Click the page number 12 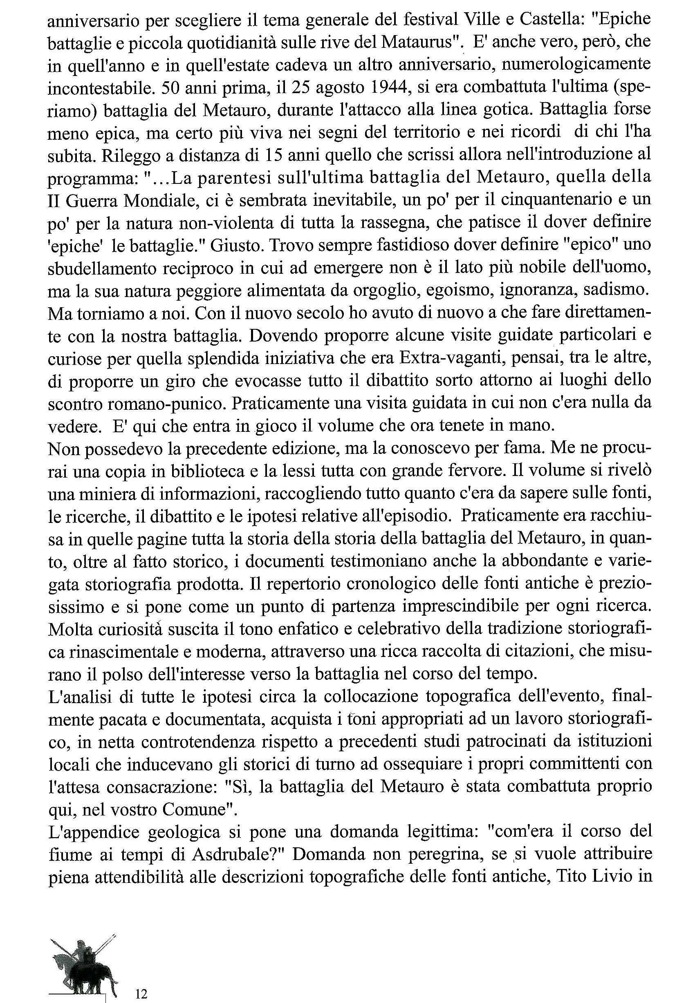pyautogui.click(x=141, y=981)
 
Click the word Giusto pyautogui.click(x=236, y=245)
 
